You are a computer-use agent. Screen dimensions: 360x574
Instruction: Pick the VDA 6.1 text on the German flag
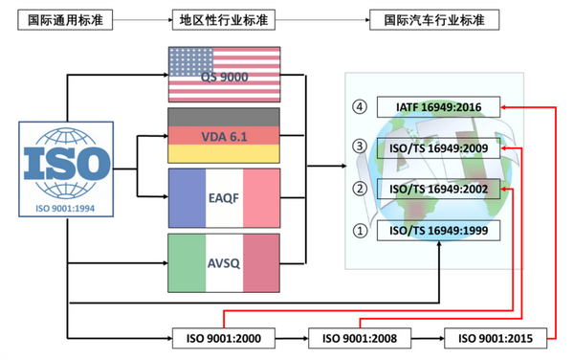point(223,136)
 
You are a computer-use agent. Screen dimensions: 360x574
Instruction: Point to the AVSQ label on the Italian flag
point(223,258)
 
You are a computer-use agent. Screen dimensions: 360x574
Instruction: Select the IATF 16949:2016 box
point(437,107)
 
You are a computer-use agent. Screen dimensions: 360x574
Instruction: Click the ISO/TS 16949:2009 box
point(437,147)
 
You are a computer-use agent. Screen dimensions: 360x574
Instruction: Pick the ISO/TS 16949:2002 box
point(437,189)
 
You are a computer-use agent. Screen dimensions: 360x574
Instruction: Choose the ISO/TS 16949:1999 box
point(437,230)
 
